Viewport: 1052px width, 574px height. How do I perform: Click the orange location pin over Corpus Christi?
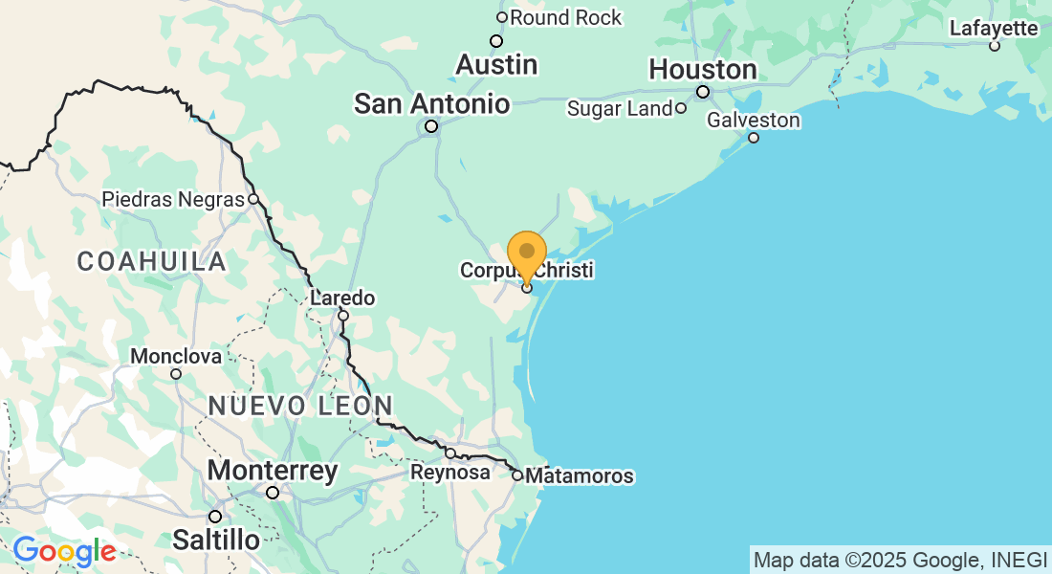pyautogui.click(x=527, y=254)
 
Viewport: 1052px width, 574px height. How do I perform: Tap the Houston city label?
pyautogui.click(x=703, y=70)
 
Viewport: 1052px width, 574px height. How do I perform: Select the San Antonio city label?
pyautogui.click(x=431, y=103)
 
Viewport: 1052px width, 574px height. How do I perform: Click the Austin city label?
pyautogui.click(x=496, y=65)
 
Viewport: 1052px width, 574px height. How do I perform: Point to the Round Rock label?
pyautogui.click(x=565, y=17)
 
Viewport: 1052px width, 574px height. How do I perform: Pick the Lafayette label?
pyautogui.click(x=994, y=29)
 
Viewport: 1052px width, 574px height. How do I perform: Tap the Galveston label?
pyautogui.click(x=754, y=121)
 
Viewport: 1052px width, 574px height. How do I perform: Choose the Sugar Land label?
pyautogui.click(x=620, y=108)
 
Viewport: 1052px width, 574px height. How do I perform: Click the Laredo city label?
pyautogui.click(x=342, y=298)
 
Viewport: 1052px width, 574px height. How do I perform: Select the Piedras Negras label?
pyautogui.click(x=173, y=200)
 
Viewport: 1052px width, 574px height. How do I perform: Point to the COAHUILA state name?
pyautogui.click(x=152, y=261)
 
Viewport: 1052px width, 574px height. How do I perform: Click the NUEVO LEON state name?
pyautogui.click(x=300, y=406)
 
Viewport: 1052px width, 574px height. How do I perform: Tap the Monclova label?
pyautogui.click(x=176, y=357)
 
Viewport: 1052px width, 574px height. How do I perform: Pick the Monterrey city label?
pyautogui.click(x=273, y=472)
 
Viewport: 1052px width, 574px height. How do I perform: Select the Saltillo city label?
pyautogui.click(x=215, y=541)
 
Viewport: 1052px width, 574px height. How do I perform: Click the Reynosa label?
pyautogui.click(x=444, y=473)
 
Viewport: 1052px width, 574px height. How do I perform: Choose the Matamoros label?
pyautogui.click(x=580, y=476)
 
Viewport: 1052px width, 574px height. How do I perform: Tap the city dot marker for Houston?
pyautogui.click(x=703, y=92)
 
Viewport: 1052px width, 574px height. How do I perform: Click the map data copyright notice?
pyautogui.click(x=900, y=560)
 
